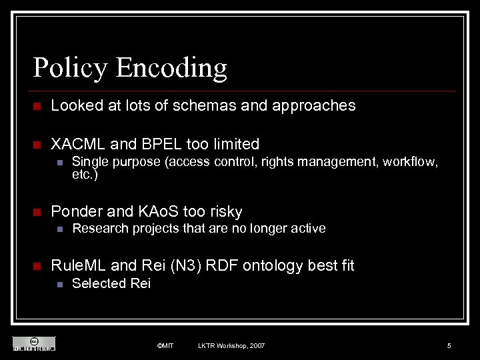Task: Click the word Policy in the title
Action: click(70, 68)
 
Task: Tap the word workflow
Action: click(410, 161)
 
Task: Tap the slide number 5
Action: click(449, 345)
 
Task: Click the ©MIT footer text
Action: click(165, 345)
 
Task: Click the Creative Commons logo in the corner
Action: click(33, 343)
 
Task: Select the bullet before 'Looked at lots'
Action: click(37, 106)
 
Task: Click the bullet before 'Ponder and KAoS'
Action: click(37, 213)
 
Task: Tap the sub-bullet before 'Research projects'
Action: click(59, 229)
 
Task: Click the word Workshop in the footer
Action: click(229, 345)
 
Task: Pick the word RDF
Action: click(221, 266)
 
